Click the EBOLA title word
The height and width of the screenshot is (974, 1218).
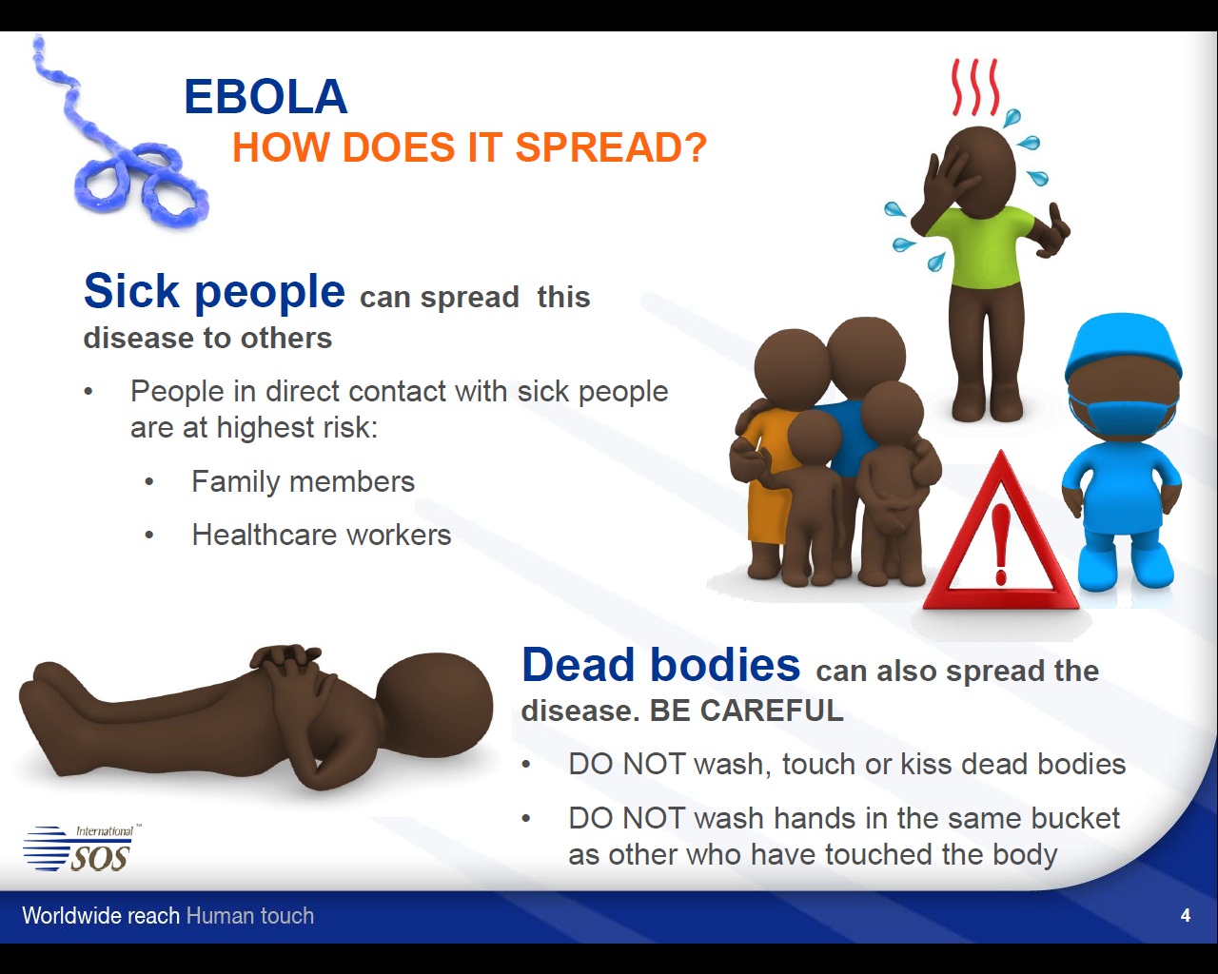[265, 96]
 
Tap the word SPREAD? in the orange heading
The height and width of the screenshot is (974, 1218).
[611, 147]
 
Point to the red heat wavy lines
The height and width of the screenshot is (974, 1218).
[974, 87]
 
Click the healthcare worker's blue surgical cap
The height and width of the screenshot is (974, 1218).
[1123, 345]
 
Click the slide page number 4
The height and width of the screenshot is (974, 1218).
[1186, 916]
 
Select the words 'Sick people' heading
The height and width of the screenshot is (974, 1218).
[214, 291]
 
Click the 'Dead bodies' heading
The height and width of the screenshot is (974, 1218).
[660, 665]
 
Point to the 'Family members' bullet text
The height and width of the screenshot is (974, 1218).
[304, 482]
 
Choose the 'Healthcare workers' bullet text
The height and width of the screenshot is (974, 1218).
[322, 535]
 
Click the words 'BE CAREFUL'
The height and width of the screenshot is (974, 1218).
[747, 711]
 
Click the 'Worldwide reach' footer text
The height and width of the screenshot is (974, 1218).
[101, 916]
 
